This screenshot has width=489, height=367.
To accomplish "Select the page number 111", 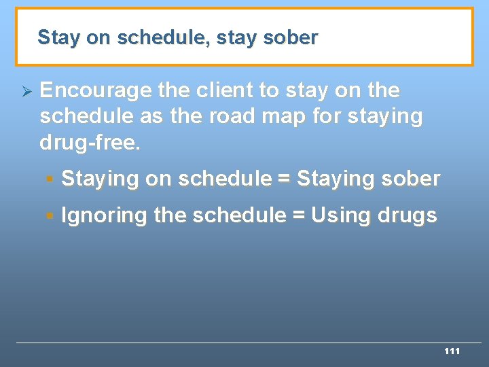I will pos(452,351).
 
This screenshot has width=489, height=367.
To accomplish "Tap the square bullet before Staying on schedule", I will pos(49,179).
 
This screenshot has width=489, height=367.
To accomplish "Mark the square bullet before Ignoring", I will pos(49,216).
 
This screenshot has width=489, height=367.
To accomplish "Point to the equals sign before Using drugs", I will pos(298,216).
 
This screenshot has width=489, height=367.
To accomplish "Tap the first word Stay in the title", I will pos(58,38).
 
